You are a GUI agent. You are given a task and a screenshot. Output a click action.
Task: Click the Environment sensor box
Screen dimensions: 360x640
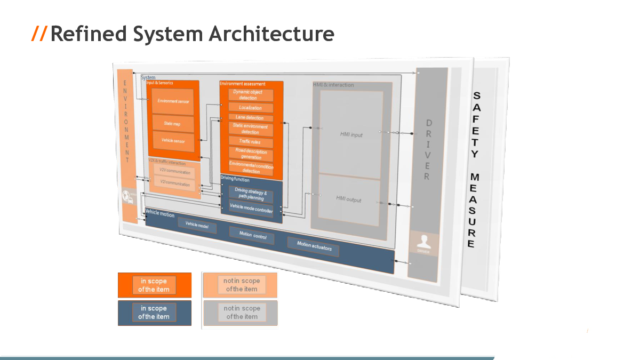173,101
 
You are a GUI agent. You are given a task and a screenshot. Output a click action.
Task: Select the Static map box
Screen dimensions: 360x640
172,124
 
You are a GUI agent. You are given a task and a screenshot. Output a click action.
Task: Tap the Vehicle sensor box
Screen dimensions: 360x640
173,141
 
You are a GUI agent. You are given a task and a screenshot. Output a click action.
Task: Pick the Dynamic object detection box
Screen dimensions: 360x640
251,95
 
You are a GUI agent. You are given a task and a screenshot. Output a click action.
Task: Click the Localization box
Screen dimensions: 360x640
251,108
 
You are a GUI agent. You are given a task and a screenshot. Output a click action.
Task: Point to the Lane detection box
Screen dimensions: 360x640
250,118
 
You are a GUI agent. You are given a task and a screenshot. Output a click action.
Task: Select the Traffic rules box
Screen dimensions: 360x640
250,142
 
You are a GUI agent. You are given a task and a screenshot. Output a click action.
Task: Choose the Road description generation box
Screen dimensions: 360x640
251,154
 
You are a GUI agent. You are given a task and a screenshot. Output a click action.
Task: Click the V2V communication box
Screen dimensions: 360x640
175,172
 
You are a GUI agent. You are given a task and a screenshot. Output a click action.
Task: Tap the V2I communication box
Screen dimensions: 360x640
175,184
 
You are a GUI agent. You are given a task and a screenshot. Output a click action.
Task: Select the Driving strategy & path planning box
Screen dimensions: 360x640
250,195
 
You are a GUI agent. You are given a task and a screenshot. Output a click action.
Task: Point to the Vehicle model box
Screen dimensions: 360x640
197,226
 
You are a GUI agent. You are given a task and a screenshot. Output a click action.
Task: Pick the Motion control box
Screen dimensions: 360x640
252,235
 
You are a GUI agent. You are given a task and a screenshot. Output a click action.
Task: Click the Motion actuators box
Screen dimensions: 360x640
314,247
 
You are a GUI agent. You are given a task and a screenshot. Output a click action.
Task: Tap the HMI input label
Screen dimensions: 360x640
351,135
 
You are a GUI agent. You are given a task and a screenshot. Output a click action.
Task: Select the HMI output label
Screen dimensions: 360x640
349,199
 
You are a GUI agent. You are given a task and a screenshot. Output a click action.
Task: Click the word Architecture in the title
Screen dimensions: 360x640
271,34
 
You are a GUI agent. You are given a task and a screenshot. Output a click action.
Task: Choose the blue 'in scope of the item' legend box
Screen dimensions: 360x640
154,313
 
